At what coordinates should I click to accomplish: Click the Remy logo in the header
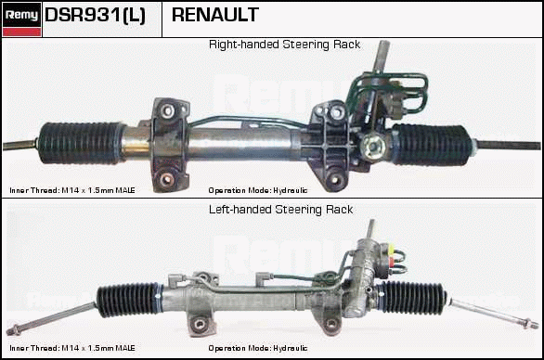click(22, 19)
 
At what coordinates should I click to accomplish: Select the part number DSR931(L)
click(95, 15)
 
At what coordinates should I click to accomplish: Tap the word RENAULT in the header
click(215, 15)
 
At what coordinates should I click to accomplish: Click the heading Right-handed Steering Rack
click(284, 45)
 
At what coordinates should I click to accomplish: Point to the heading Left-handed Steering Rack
click(280, 210)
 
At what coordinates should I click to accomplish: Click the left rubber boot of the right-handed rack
click(81, 143)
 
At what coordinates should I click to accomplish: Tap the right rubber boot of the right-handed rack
click(433, 145)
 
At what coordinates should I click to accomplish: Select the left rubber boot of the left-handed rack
click(129, 300)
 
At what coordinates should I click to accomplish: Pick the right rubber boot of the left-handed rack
click(413, 298)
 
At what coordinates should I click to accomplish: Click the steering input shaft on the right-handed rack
click(382, 57)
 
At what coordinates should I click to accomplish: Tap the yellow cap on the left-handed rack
click(391, 249)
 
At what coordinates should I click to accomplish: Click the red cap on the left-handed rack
click(391, 261)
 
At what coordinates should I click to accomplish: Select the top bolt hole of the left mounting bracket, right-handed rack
click(167, 111)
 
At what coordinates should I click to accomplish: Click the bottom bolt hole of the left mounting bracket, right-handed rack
click(167, 179)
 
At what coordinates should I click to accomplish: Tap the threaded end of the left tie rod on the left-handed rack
click(13, 330)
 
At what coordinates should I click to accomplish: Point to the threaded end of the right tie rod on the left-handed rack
click(531, 324)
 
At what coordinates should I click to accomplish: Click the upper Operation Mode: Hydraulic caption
click(258, 190)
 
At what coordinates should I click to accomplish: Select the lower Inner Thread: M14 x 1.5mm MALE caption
click(72, 348)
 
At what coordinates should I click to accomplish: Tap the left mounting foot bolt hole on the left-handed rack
click(200, 325)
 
